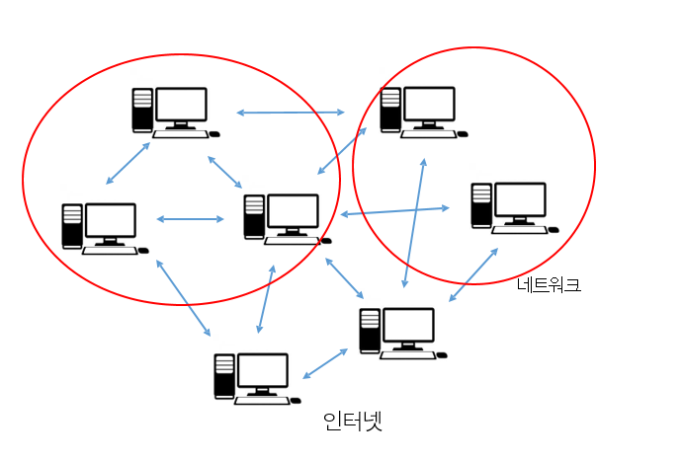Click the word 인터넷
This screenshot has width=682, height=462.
click(x=352, y=422)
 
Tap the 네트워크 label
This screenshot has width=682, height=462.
click(x=549, y=285)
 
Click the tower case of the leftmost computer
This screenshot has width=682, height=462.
click(x=72, y=225)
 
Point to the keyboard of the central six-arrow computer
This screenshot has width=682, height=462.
click(x=290, y=240)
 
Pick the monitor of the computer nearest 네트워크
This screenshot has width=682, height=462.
click(x=520, y=201)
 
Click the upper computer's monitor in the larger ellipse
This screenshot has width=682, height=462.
click(x=182, y=105)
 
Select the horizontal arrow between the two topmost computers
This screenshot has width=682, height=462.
click(x=291, y=113)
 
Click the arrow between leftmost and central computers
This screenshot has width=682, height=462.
click(x=190, y=219)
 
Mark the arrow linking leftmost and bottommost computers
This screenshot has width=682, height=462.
click(x=184, y=297)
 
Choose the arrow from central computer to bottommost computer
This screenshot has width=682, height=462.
click(x=266, y=298)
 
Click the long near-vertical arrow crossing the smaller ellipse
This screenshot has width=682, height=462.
click(x=414, y=223)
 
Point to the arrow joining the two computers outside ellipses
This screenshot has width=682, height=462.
click(x=325, y=363)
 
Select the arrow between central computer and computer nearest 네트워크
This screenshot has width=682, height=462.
click(x=394, y=211)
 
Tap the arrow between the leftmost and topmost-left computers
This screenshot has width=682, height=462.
click(x=128, y=163)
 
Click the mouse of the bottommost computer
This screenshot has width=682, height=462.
click(x=297, y=401)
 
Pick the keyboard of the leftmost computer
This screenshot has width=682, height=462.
click(x=109, y=251)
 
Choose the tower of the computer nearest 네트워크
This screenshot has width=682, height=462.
click(x=481, y=204)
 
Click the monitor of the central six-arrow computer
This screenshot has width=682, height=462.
click(x=293, y=211)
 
